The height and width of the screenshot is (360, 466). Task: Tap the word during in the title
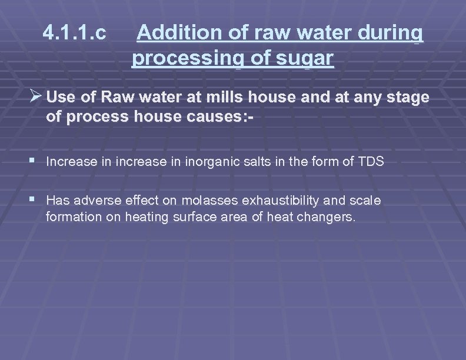[391, 35]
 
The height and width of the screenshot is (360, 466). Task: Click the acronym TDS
[371, 161]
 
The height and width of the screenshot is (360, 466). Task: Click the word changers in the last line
[325, 217]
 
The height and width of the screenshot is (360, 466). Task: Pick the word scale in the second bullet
[365, 201]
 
